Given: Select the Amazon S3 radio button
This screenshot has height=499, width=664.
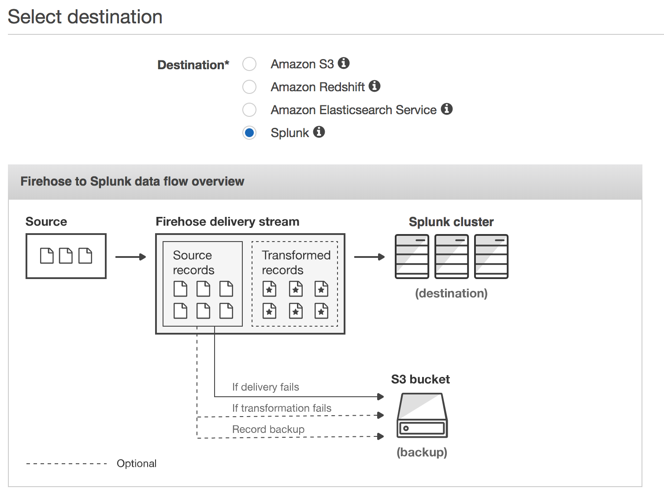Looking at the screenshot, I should (249, 64).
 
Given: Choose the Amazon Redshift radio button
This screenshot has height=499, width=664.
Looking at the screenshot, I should (249, 87).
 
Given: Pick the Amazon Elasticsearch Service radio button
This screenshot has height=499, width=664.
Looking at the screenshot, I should (249, 110).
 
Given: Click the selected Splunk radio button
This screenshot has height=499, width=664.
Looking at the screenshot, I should (249, 133).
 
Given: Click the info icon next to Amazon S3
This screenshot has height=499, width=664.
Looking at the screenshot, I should (344, 63).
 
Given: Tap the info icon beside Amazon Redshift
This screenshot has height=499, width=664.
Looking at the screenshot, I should (375, 86).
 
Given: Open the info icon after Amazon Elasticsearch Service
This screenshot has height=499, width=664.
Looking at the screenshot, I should (447, 109).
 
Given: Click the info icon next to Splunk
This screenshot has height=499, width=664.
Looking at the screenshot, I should (319, 132).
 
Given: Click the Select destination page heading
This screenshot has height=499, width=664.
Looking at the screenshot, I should (85, 17).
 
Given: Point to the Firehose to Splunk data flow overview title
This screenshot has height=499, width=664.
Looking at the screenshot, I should (132, 182).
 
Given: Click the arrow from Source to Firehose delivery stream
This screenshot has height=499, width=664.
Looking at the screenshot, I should (130, 257).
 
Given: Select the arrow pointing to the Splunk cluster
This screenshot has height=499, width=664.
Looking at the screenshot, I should (369, 257).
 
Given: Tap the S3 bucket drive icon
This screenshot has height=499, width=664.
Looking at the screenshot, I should (422, 416).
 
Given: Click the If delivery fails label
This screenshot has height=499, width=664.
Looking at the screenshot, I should (265, 387).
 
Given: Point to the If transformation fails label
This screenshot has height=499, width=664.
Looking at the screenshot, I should (282, 408).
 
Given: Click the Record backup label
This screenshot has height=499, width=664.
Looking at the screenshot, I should (268, 429).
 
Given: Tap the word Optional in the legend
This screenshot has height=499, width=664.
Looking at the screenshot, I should (137, 464).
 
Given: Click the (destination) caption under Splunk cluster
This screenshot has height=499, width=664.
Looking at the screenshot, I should (451, 294).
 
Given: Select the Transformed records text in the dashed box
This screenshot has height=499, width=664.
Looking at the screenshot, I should (296, 263).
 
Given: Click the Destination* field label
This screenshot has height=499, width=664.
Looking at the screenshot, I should (193, 65).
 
